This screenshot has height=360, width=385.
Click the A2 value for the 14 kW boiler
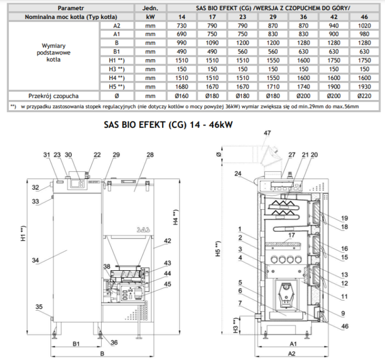tap(182, 26)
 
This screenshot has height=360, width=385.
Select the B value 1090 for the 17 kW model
tap(212, 43)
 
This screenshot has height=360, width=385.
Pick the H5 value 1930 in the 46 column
tap(364, 87)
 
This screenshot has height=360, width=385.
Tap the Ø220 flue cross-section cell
tap(364, 96)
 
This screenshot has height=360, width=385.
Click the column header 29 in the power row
tap(273, 17)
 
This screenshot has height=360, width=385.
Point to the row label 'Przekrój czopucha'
tap(53, 96)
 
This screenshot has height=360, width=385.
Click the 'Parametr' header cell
tap(71, 8)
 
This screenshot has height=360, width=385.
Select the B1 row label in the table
tap(117, 52)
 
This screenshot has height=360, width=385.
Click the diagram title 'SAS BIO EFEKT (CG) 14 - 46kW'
tap(168, 125)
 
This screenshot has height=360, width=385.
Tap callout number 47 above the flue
tap(267, 133)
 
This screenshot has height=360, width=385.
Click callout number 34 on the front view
tap(35, 260)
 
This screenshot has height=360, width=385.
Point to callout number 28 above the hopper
tap(150, 155)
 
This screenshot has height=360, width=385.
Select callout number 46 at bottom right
tap(345, 326)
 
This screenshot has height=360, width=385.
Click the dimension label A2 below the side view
tap(292, 354)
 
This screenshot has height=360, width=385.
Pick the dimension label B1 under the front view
tap(76, 344)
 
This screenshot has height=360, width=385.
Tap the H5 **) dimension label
tap(218, 249)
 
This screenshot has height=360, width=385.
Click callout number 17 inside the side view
tap(292, 235)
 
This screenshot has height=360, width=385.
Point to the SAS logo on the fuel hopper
tap(143, 230)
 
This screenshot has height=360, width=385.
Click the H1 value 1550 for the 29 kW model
tap(273, 61)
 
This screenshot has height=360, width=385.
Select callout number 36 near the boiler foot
tap(114, 343)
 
